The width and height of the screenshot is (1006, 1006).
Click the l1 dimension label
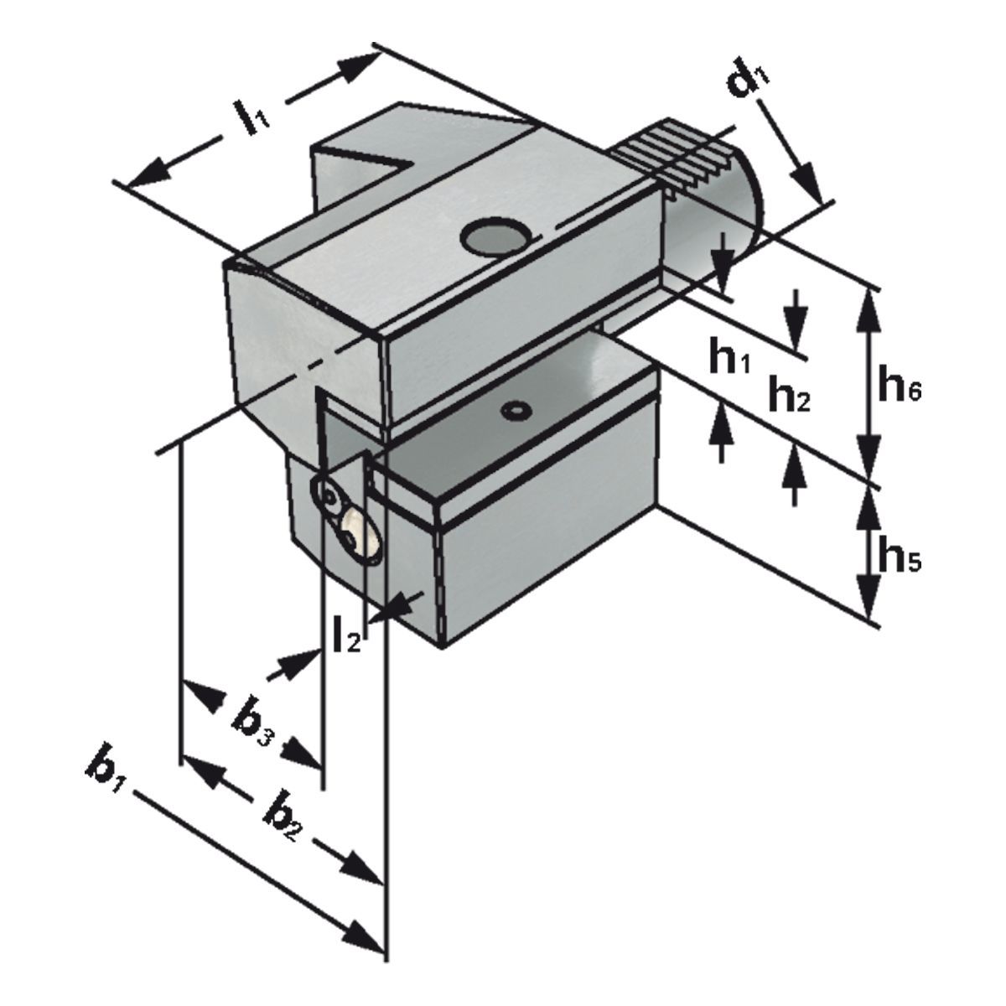click(251, 117)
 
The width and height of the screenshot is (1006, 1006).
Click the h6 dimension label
click(899, 387)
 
